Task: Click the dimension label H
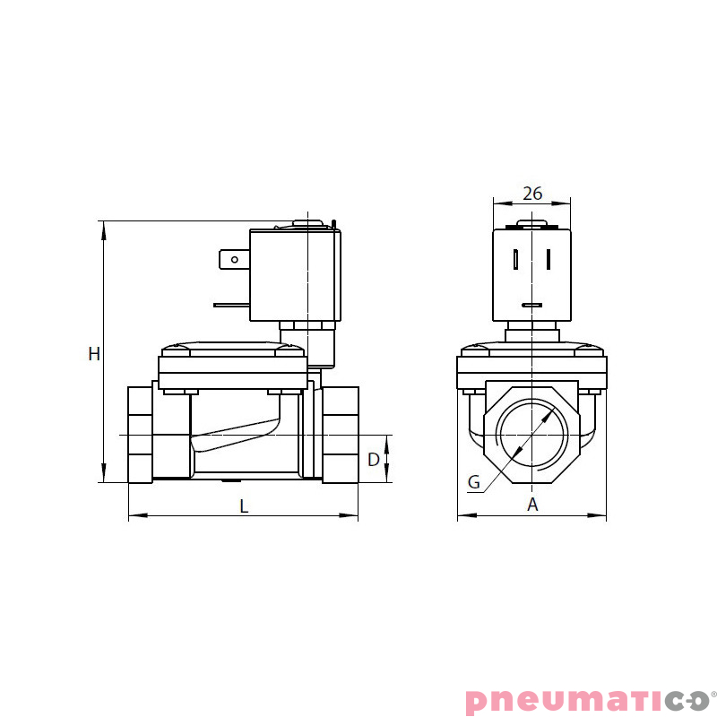click(x=94, y=354)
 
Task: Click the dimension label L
click(x=244, y=505)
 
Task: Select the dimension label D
click(x=374, y=460)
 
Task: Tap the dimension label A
click(x=532, y=505)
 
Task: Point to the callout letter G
click(x=474, y=481)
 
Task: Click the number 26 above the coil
click(x=532, y=193)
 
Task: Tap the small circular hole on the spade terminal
click(x=235, y=261)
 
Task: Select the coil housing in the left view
click(x=294, y=276)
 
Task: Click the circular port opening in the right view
click(x=532, y=433)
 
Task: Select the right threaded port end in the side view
click(x=341, y=435)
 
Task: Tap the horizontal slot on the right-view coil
click(x=532, y=306)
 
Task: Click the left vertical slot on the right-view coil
click(x=517, y=259)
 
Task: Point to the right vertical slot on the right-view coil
click(x=548, y=259)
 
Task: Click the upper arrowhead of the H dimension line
click(x=104, y=228)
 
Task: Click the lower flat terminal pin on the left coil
click(x=231, y=305)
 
